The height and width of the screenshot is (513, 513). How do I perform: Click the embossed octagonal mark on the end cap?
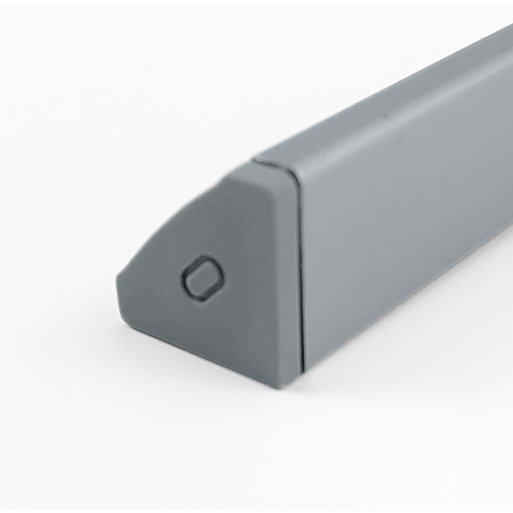point(203,278)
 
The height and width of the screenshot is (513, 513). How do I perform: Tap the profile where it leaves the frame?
point(505,154)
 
